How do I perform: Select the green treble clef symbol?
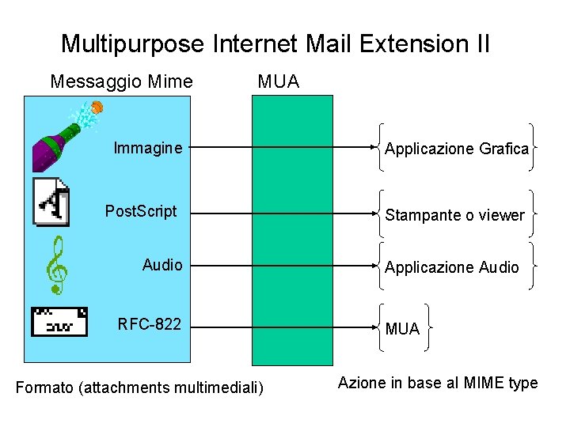click(55, 266)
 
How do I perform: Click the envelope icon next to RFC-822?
click(59, 321)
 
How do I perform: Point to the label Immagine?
click(148, 148)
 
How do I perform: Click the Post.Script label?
click(141, 212)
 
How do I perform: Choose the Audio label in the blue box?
click(162, 265)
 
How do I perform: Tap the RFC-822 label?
click(149, 324)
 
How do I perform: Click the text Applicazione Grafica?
click(457, 149)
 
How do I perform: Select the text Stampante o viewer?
click(454, 215)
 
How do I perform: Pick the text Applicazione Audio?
click(452, 267)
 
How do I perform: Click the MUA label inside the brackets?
click(402, 329)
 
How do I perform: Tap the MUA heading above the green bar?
click(278, 81)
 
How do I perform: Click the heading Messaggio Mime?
click(121, 81)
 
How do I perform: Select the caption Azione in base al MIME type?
click(438, 384)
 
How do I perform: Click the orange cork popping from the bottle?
click(97, 107)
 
